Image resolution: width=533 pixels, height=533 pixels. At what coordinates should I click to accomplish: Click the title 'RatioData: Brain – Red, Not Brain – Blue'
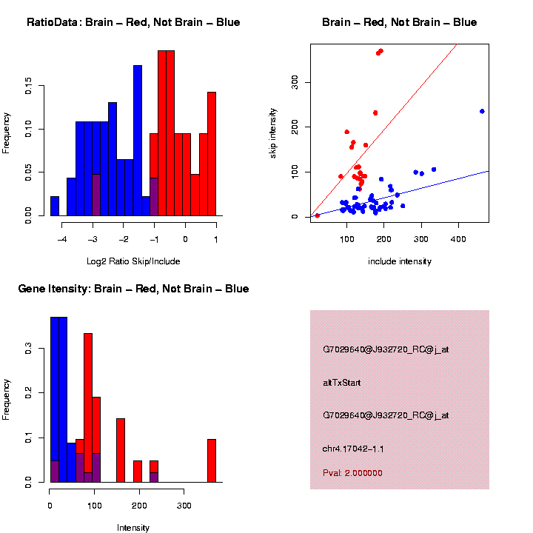point(133,22)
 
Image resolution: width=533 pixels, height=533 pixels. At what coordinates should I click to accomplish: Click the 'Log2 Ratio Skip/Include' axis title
point(133,261)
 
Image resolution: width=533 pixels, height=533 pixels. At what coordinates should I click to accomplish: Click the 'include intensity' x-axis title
point(400,261)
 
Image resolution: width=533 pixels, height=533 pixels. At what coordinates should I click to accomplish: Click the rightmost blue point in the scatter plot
point(482,111)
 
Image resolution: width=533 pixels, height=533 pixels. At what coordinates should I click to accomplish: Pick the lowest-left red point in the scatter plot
point(318,215)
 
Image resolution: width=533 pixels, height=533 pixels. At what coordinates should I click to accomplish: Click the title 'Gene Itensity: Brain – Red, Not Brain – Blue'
point(133,289)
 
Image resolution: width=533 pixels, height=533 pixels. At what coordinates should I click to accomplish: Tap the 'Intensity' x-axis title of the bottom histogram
point(133,528)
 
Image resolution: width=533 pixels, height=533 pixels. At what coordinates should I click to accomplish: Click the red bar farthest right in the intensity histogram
point(212,460)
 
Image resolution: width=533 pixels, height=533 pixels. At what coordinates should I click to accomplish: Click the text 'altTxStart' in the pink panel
point(341,383)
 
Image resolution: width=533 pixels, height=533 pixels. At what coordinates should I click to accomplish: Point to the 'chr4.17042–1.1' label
point(353,449)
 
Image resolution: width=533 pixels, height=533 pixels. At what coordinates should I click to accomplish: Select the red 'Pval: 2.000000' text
point(352,473)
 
